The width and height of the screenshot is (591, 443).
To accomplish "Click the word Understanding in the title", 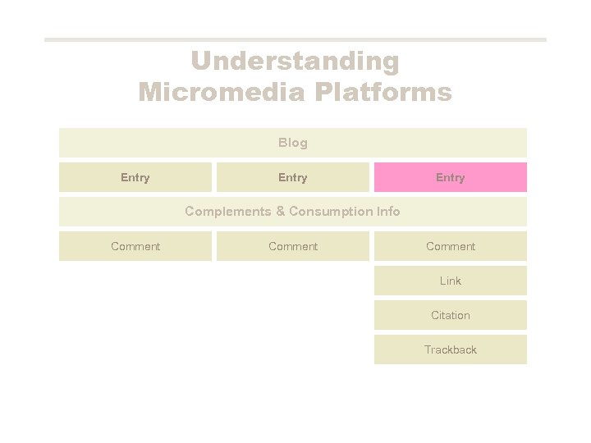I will click(295, 62).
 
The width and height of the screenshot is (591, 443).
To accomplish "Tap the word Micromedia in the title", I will click(213, 92).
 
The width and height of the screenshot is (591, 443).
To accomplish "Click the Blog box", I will click(292, 143).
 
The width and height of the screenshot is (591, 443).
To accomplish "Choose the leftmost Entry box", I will click(135, 177).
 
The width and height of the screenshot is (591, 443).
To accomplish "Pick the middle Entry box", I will click(292, 177).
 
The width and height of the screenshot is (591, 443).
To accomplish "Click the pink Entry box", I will click(450, 177).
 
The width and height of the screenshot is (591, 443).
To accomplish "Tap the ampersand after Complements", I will click(280, 212).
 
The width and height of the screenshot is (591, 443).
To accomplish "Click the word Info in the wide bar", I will click(388, 212).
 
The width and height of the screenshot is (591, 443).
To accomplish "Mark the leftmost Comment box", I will click(135, 246).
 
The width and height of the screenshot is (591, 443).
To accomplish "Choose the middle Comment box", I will click(292, 246).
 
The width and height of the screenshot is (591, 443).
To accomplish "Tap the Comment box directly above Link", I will click(450, 246).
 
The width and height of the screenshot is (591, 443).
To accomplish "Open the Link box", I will click(450, 281).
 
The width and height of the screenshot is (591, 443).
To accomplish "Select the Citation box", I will click(450, 315).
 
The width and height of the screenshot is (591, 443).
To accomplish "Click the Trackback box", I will click(450, 349).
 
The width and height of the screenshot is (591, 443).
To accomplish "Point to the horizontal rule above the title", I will click(295, 39).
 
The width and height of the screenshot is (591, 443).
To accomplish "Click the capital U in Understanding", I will click(201, 62).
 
